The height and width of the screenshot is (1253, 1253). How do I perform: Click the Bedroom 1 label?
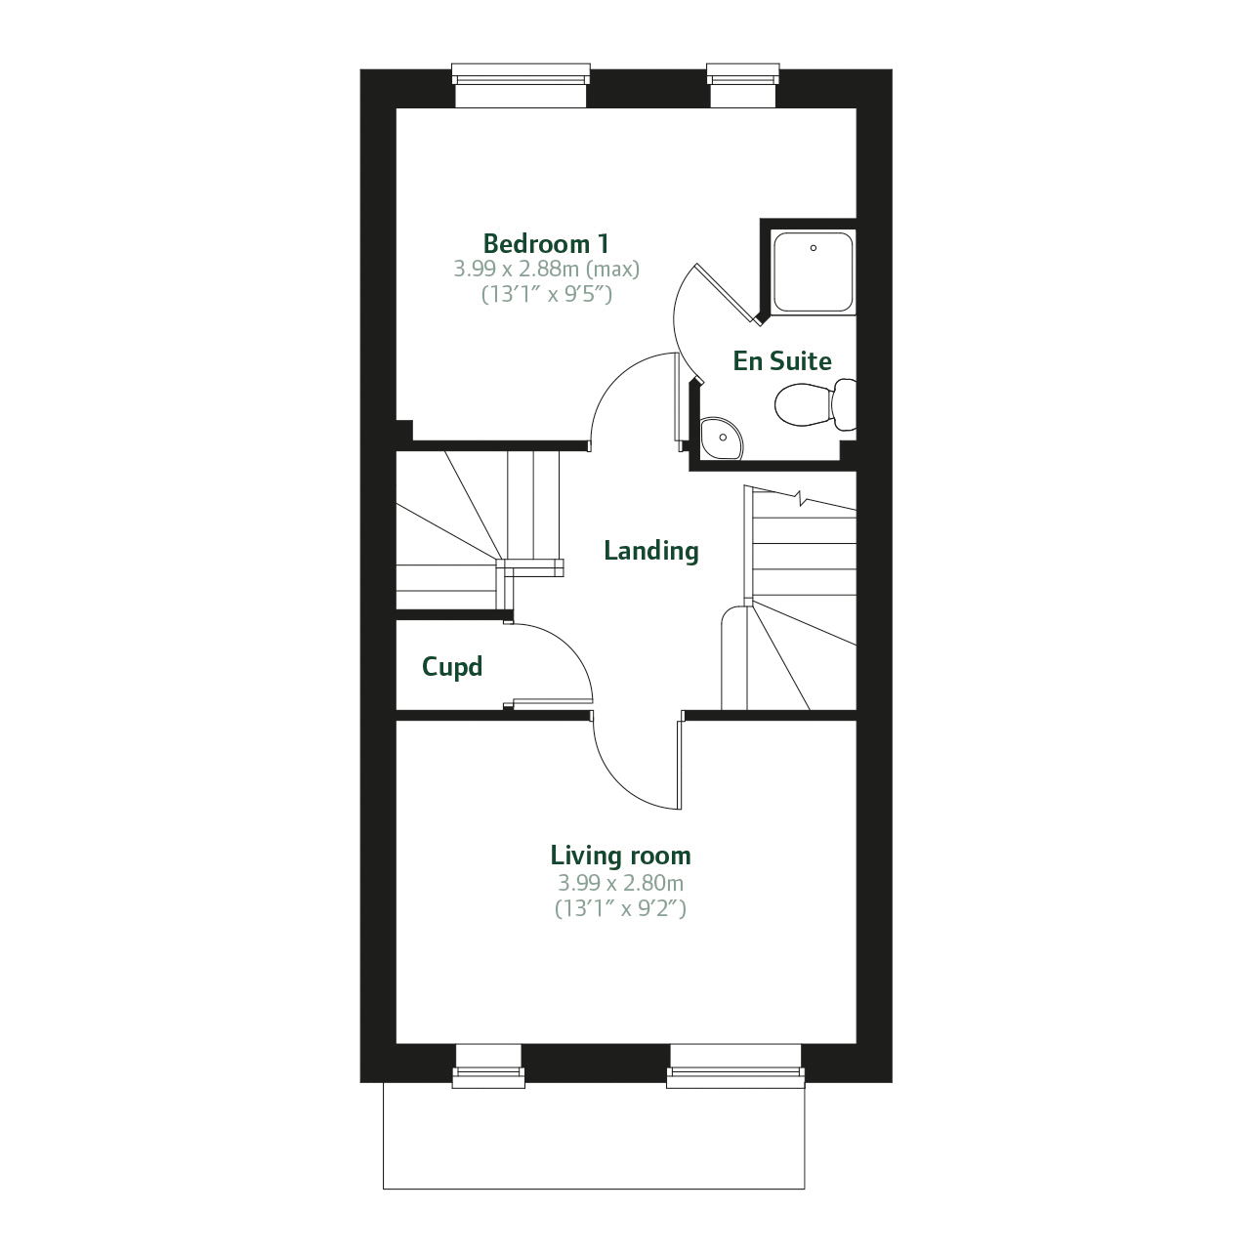[546, 243]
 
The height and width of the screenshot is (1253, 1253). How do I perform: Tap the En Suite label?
[782, 361]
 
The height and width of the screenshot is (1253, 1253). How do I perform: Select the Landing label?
[650, 551]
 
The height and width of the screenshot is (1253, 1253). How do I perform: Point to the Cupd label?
[451, 667]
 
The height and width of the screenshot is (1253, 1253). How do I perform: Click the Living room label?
[620, 856]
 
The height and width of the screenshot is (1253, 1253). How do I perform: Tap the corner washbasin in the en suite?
[720, 439]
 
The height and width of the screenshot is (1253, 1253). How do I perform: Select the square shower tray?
[813, 271]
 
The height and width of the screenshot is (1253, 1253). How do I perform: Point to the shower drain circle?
[813, 248]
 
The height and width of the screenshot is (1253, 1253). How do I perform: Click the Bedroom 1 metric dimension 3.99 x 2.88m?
[546, 269]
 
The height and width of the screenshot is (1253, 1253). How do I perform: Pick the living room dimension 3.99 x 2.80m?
[620, 883]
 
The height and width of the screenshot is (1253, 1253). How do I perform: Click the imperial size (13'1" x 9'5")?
[546, 293]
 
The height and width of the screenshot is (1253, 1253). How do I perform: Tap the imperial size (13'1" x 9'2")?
[620, 908]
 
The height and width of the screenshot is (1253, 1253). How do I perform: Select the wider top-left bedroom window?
[521, 85]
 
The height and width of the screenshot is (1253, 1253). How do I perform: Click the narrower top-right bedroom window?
[742, 85]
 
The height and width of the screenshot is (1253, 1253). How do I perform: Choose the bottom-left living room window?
[488, 1065]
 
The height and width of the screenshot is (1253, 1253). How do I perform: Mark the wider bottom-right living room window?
[735, 1065]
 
